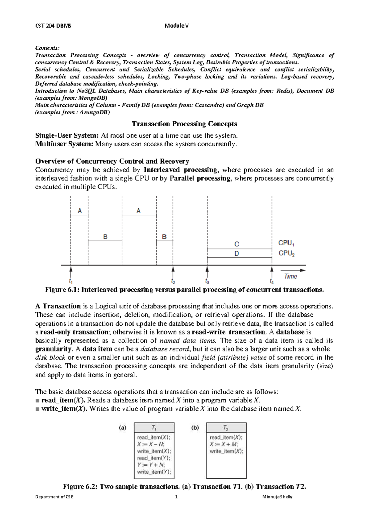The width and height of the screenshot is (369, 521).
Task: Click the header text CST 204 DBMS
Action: [53, 26]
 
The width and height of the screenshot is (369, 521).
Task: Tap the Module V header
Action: [177, 26]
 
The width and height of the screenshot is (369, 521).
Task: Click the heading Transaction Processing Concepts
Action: [184, 124]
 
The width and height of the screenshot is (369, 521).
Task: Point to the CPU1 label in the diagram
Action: [286, 243]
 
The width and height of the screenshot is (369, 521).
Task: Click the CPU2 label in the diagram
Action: [286, 253]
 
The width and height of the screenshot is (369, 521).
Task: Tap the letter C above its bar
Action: [237, 244]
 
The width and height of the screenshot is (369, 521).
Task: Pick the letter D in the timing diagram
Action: [237, 254]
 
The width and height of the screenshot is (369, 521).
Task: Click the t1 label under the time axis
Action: [71, 281]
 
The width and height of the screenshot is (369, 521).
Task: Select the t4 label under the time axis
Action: [272, 281]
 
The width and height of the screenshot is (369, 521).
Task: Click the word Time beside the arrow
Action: [291, 276]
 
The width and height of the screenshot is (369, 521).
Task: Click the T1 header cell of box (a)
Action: [154, 428]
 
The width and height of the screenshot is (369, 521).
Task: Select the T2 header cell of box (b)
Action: [226, 428]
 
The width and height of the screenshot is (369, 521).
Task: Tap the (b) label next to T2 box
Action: [195, 428]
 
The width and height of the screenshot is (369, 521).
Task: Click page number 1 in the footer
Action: [176, 497]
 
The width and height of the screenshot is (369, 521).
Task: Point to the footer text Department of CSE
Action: [54, 497]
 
